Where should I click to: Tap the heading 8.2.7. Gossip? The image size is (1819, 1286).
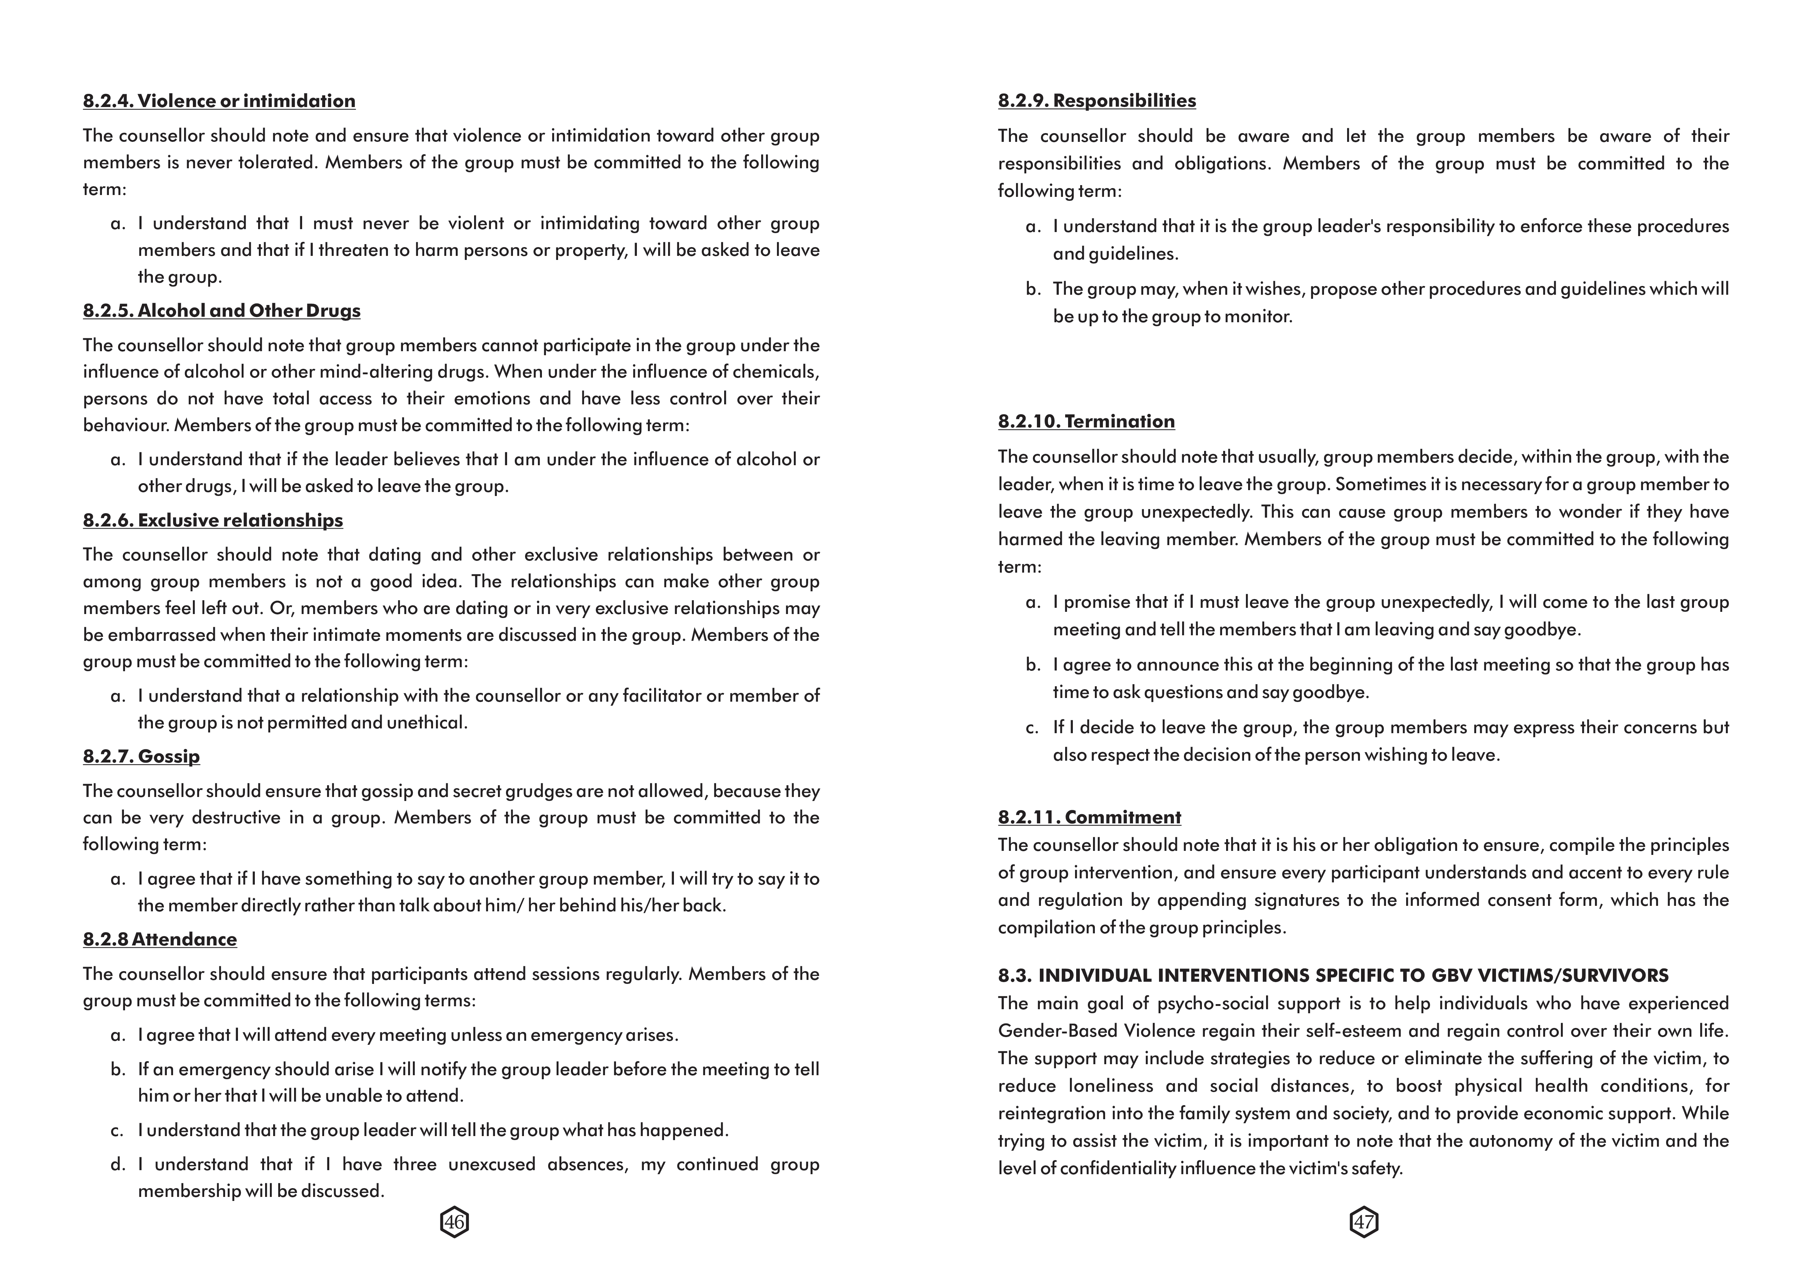click(141, 756)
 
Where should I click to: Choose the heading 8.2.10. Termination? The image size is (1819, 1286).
click(1086, 421)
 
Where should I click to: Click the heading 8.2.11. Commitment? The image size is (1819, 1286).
click(1089, 817)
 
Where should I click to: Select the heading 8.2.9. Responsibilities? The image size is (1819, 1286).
click(1096, 100)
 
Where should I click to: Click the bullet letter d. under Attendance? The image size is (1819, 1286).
click(118, 1164)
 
